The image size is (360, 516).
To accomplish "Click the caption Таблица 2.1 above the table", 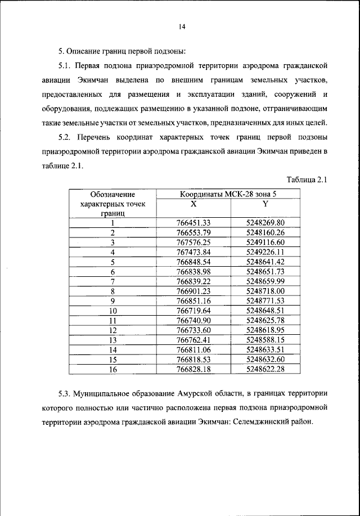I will (x=307, y=180).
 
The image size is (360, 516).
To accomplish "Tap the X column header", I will (x=193, y=204).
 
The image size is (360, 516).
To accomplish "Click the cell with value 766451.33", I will (x=193, y=223).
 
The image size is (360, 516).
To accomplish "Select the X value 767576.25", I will (x=193, y=243).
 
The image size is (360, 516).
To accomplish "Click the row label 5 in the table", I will (x=112, y=262).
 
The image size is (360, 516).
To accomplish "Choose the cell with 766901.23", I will (x=193, y=291).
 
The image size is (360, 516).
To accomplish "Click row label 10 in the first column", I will (x=112, y=311).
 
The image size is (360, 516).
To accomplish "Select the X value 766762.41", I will (x=193, y=340).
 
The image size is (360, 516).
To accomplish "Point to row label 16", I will (x=112, y=369).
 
